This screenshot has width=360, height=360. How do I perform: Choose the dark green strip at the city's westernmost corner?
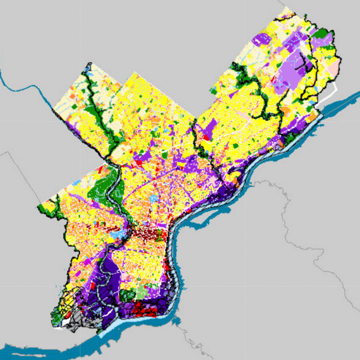pos(49,209)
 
